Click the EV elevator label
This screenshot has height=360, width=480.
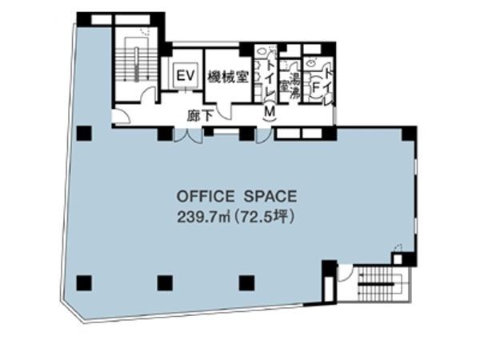coord(186,76)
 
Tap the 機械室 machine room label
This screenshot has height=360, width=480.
coord(228,77)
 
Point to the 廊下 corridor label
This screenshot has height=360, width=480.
coord(200,116)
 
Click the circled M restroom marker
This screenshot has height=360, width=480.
coord(270,112)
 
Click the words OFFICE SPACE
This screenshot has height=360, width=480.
coord(237,196)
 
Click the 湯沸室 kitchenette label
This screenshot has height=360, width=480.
coord(290,83)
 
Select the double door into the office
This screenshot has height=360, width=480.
coord(188,135)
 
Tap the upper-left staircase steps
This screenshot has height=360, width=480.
coord(137,64)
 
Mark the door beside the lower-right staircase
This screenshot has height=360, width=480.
coord(345,273)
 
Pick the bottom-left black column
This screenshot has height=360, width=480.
coord(84,283)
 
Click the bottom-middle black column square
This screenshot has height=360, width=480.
coord(165,283)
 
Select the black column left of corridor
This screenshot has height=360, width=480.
coord(84,133)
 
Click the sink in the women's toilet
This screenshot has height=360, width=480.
coord(310,63)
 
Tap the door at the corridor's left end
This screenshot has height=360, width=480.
coord(122,116)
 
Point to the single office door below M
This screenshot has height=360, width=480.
coord(264,136)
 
